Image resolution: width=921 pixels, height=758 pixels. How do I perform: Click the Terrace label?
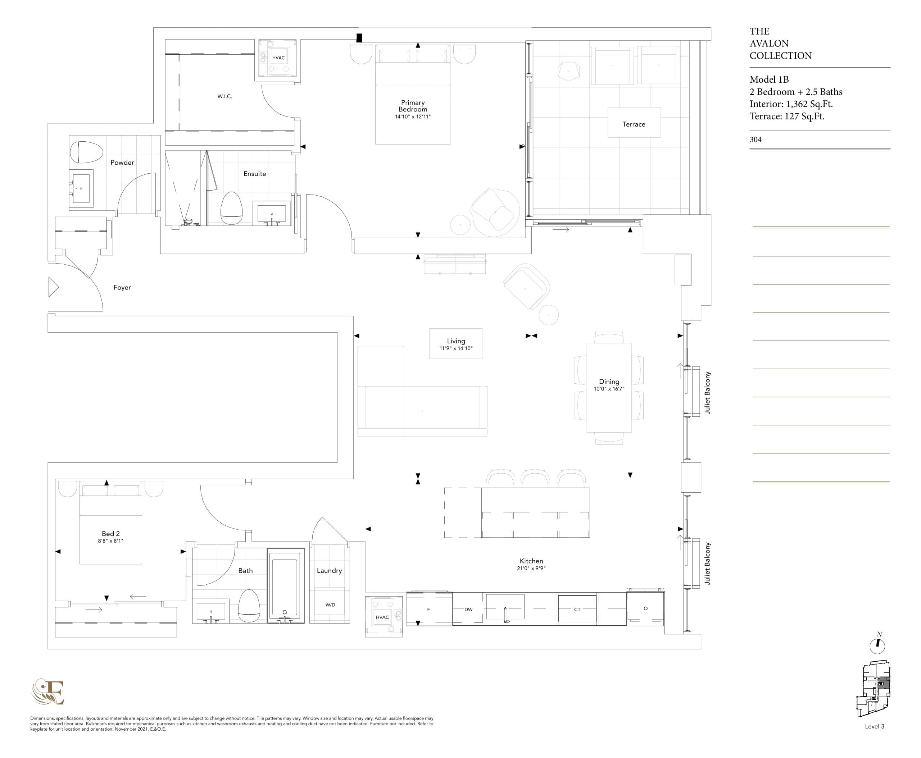(x=634, y=124)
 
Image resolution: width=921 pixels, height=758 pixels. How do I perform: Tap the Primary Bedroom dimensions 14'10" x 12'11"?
(x=412, y=117)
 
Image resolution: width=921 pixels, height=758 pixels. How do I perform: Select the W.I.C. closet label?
(x=224, y=96)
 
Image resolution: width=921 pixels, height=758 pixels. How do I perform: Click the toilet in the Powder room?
(x=86, y=152)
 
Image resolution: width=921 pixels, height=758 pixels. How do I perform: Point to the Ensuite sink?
(x=272, y=214)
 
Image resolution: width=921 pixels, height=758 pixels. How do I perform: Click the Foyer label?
(x=122, y=288)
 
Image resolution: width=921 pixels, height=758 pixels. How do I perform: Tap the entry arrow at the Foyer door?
(x=53, y=287)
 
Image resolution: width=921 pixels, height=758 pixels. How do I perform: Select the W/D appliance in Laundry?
(x=330, y=605)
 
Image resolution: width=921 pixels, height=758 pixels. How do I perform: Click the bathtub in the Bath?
(x=285, y=585)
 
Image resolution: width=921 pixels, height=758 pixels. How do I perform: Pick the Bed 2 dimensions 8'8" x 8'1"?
(x=110, y=541)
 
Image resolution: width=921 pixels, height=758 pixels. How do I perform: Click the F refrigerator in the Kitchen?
(x=428, y=609)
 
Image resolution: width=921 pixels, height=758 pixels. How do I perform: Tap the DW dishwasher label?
(x=468, y=609)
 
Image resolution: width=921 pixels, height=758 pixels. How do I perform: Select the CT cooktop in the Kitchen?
(x=577, y=609)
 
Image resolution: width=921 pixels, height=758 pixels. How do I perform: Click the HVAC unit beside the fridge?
(x=383, y=617)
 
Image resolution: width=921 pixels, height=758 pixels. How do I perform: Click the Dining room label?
(x=609, y=382)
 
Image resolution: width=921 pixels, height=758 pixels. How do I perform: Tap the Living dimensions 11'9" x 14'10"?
(x=456, y=348)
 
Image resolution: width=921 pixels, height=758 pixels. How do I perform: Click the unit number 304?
(x=756, y=140)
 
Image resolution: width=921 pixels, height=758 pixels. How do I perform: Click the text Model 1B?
(x=769, y=79)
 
